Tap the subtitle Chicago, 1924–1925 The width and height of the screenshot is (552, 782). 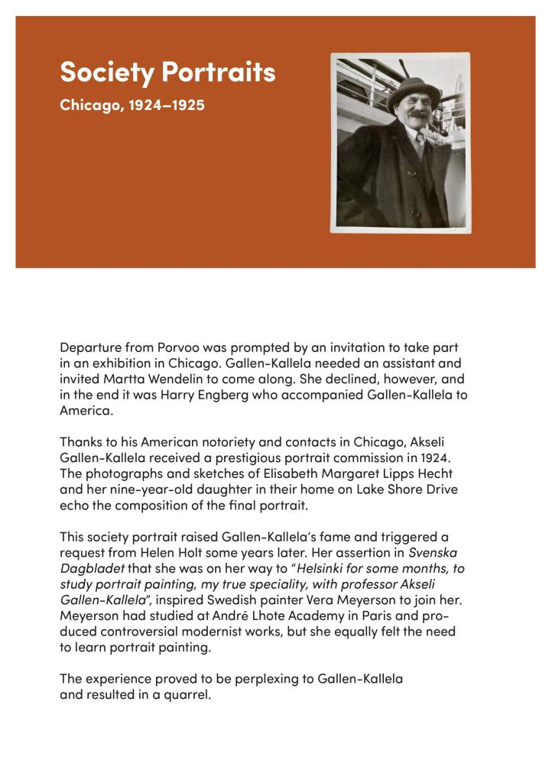coord(132,105)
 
